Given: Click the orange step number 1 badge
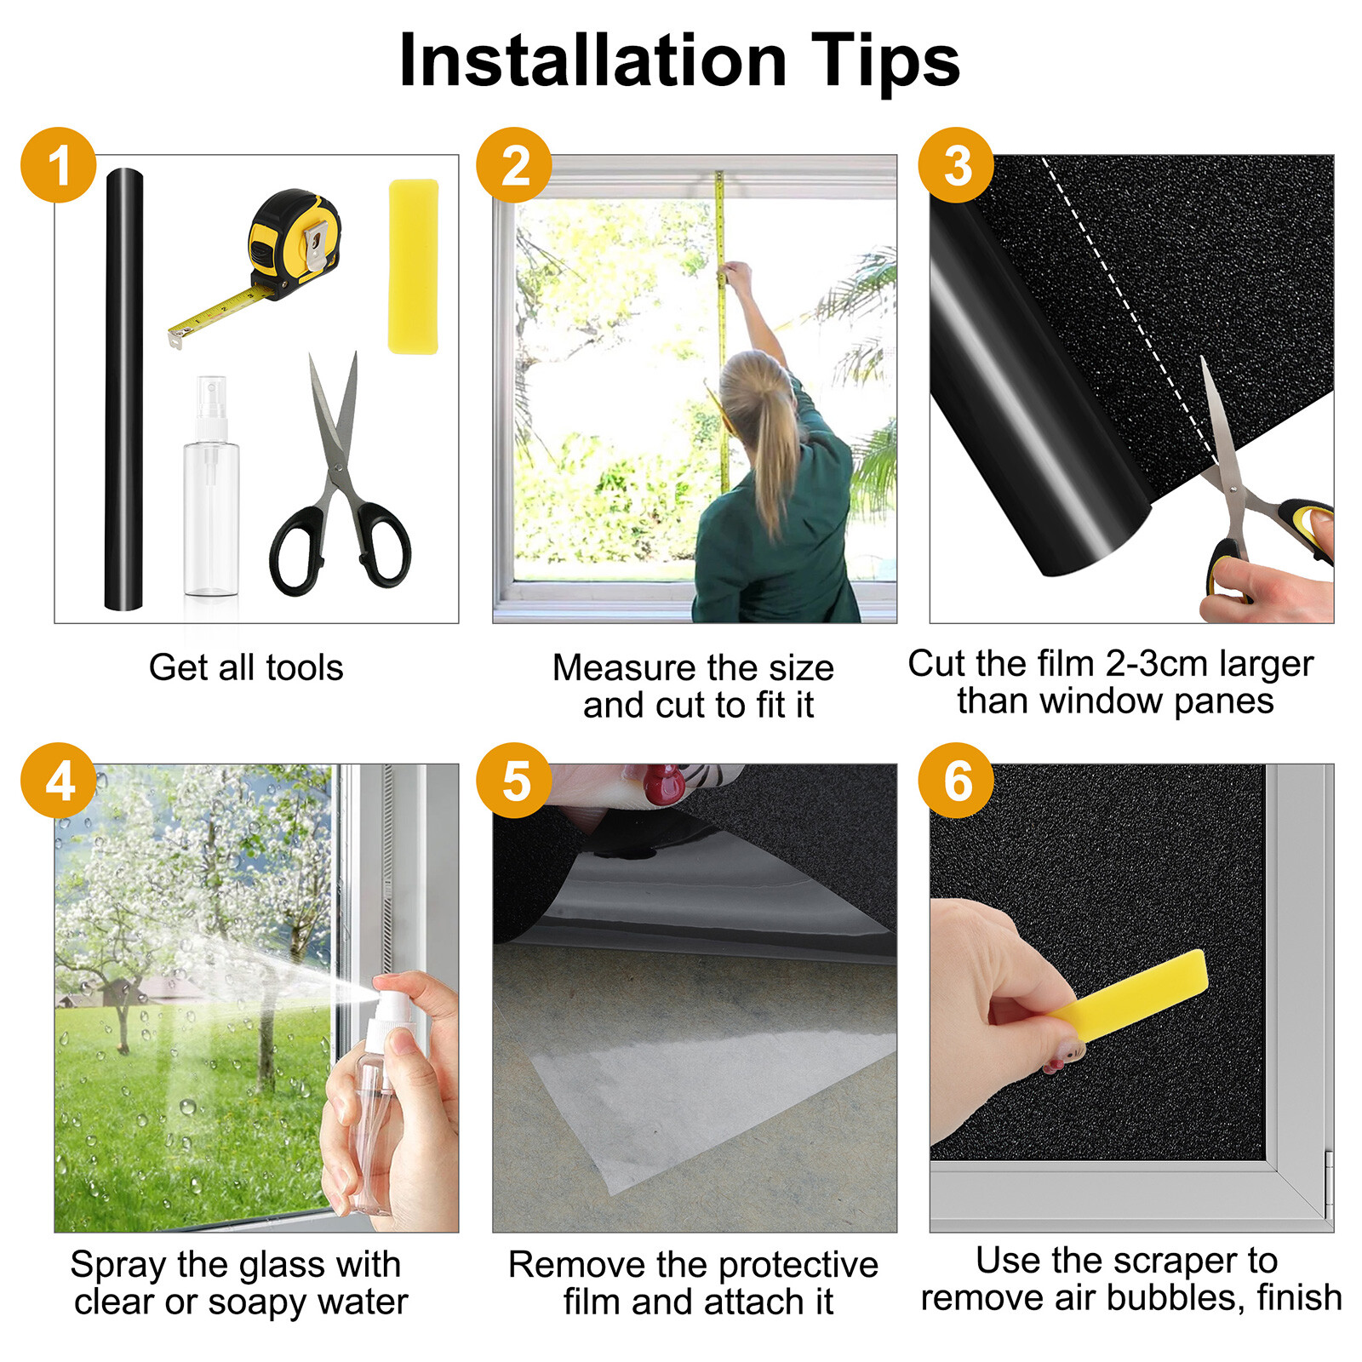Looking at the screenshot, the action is tap(59, 165).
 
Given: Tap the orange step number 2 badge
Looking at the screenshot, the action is tap(514, 165).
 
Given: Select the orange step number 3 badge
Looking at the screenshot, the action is tap(956, 165).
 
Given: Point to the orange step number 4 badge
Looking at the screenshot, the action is tap(59, 781).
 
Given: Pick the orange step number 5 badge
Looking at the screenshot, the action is tap(514, 781).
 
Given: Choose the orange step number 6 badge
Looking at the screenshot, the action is tap(956, 781).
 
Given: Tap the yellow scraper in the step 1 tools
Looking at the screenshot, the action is tap(414, 266).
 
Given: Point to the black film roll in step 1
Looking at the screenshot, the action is tap(123, 389).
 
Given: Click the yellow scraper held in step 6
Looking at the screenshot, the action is tap(1129, 996).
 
